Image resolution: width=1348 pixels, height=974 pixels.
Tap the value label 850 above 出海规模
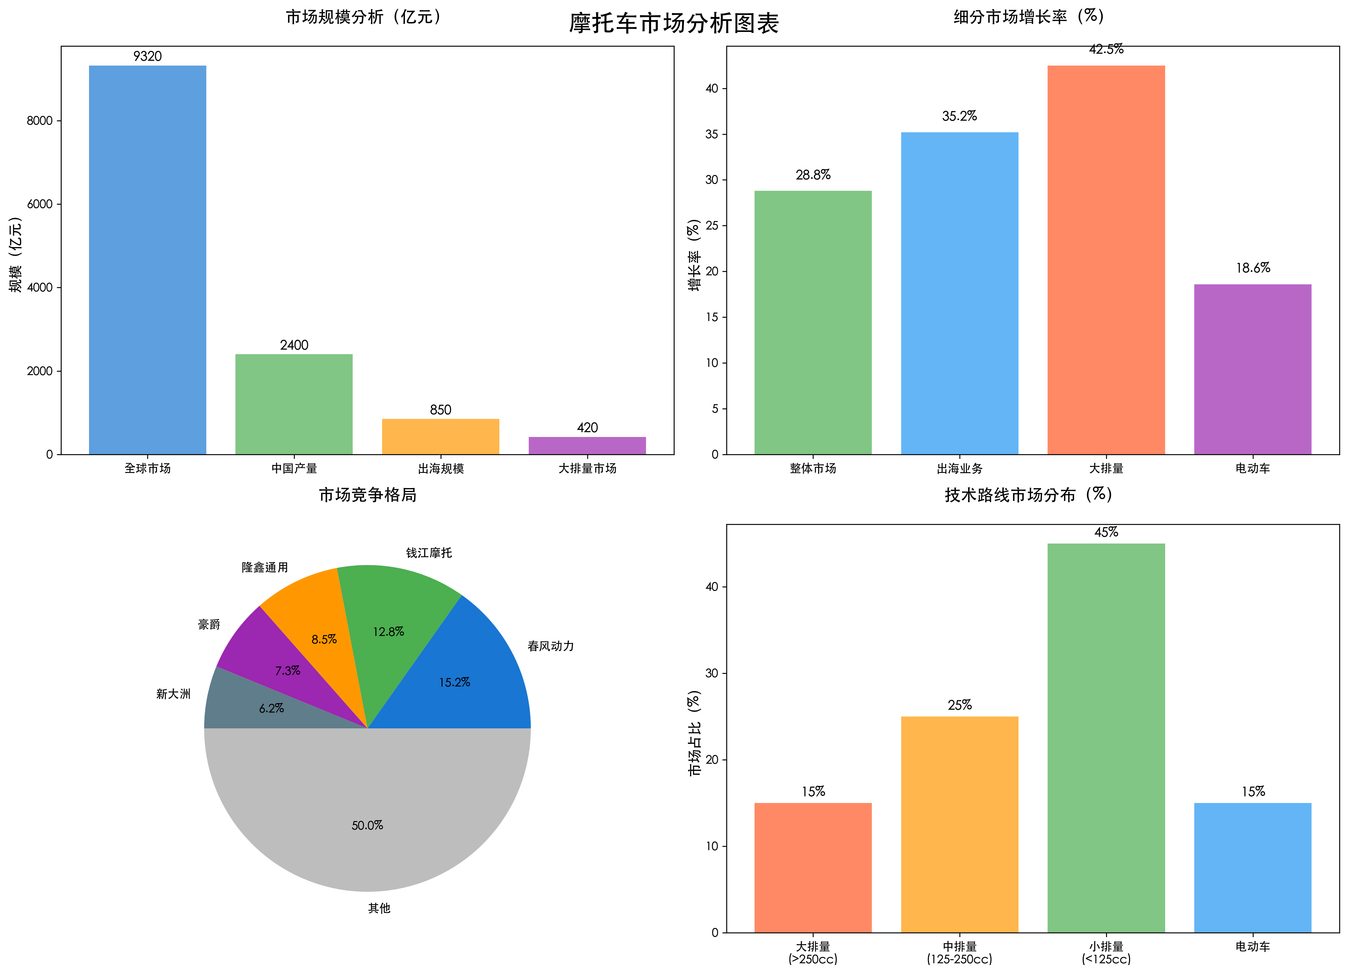pyautogui.click(x=440, y=410)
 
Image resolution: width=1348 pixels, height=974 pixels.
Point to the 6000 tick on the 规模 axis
pyautogui.click(x=40, y=204)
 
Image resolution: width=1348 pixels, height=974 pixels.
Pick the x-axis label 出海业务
pyautogui.click(x=959, y=469)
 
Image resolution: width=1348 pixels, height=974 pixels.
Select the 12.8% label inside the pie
pyautogui.click(x=388, y=631)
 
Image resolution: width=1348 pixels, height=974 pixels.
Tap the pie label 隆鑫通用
pyautogui.click(x=265, y=567)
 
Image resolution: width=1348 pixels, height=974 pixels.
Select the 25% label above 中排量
pyautogui.click(x=959, y=705)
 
